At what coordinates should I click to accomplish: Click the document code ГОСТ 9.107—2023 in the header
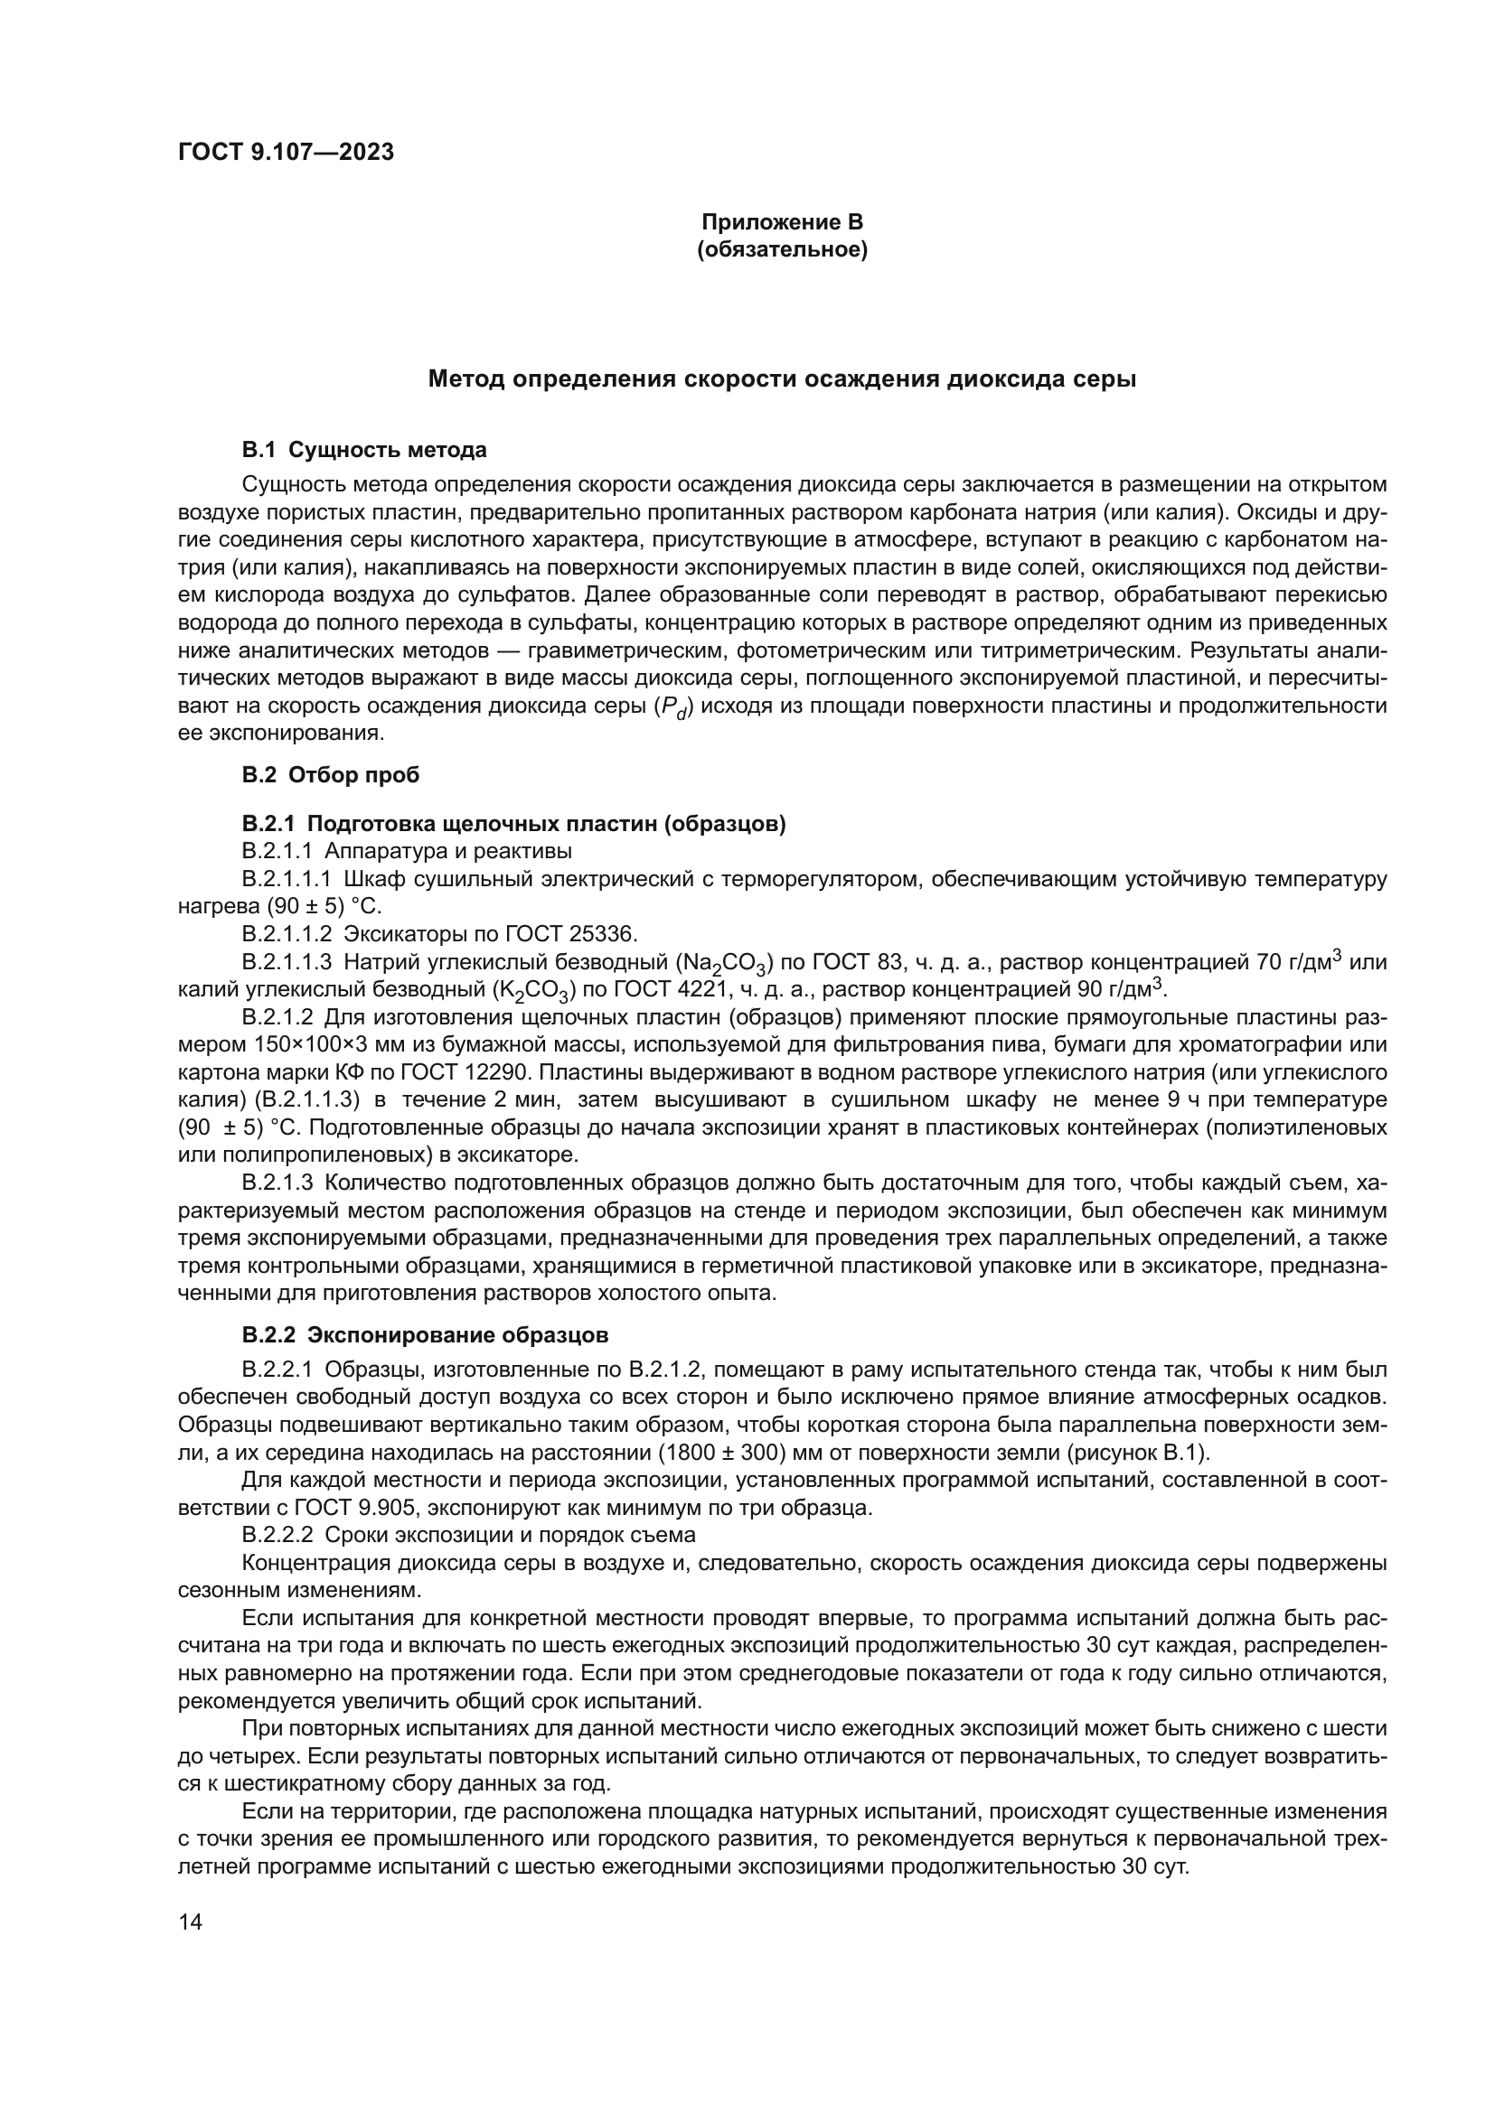(x=286, y=152)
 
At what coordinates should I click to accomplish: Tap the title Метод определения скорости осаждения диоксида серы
(x=782, y=379)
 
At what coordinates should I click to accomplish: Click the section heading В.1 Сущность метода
(x=363, y=450)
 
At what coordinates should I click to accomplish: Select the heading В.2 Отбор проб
(x=331, y=775)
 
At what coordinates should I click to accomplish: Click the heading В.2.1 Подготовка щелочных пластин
(x=513, y=824)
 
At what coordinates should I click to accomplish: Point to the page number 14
(x=190, y=1921)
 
